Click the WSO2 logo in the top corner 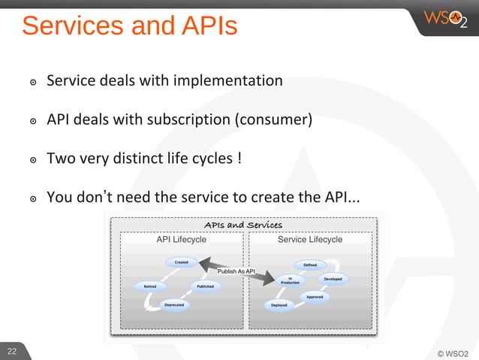[446, 18]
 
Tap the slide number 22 [12, 351]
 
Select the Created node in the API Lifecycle [182, 262]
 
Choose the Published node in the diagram [205, 286]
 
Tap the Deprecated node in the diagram [174, 305]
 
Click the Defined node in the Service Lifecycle [310, 265]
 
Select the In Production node [291, 280]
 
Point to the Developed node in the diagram [333, 279]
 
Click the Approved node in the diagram [315, 297]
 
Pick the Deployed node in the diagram [279, 305]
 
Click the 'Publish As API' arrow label [236, 271]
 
